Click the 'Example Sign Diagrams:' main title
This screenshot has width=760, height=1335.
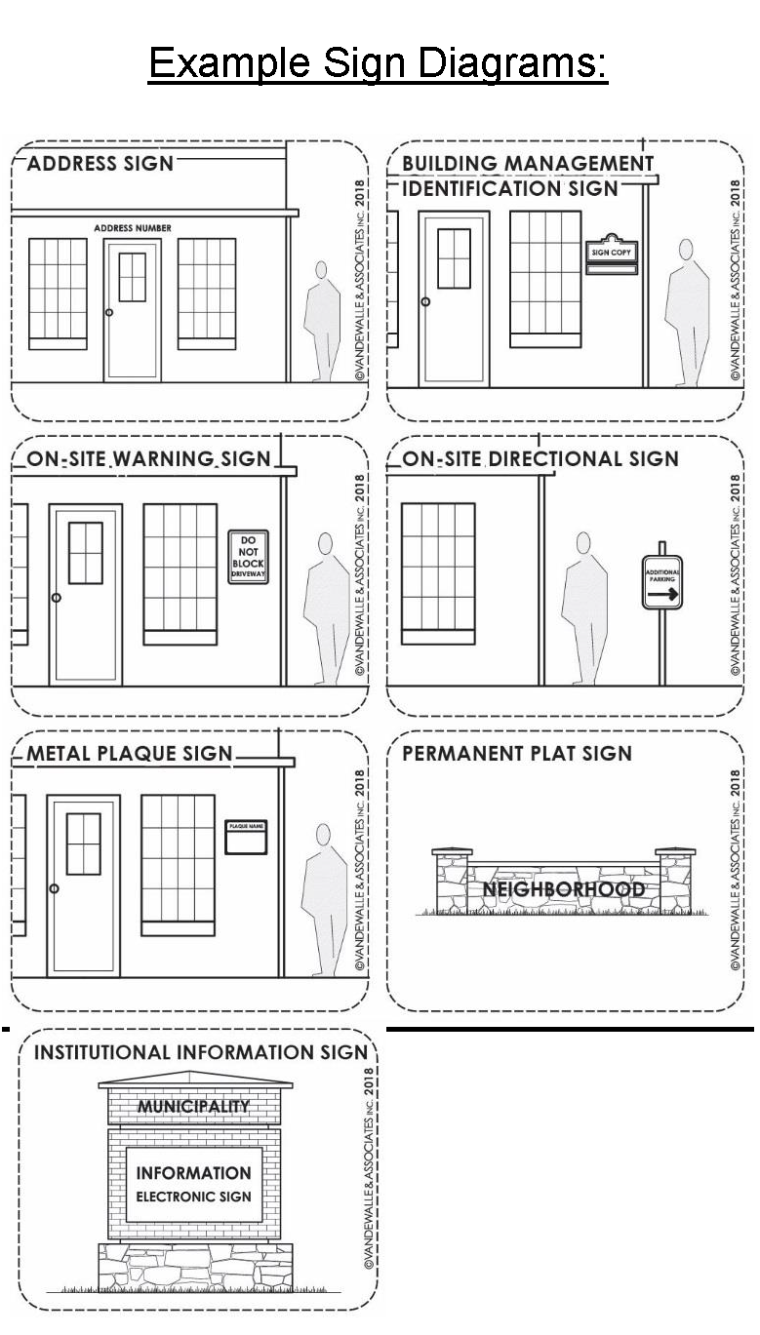pyautogui.click(x=378, y=63)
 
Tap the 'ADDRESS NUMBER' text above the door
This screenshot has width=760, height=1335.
pyautogui.click(x=133, y=228)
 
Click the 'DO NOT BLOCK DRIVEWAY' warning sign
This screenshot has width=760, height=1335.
pyautogui.click(x=248, y=557)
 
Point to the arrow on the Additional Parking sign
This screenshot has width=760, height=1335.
pyautogui.click(x=662, y=594)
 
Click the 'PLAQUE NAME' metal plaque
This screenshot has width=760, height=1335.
pyautogui.click(x=246, y=838)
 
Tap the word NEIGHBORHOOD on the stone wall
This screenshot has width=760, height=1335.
pyautogui.click(x=563, y=889)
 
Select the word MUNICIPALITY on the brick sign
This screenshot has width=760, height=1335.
pyautogui.click(x=194, y=1106)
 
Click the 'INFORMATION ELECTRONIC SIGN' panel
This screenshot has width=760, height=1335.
pyautogui.click(x=194, y=1184)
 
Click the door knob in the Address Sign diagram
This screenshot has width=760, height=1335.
pyautogui.click(x=109, y=312)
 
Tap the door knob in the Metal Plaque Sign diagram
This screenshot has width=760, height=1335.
pyautogui.click(x=54, y=888)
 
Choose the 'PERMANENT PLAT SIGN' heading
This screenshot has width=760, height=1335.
pyautogui.click(x=517, y=754)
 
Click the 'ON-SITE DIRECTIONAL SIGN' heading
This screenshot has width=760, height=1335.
pyautogui.click(x=540, y=459)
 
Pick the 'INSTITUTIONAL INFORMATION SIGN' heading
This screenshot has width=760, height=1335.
pyautogui.click(x=201, y=1052)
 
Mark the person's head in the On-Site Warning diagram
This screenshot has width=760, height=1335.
pyautogui.click(x=326, y=543)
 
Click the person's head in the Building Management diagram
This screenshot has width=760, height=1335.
pyautogui.click(x=686, y=250)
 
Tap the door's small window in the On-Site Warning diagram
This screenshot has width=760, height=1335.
pyautogui.click(x=85, y=553)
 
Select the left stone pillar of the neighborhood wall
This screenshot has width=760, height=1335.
pyautogui.click(x=452, y=881)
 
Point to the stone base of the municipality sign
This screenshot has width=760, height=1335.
pyautogui.click(x=195, y=1267)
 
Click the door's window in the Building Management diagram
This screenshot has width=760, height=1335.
pyautogui.click(x=455, y=258)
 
